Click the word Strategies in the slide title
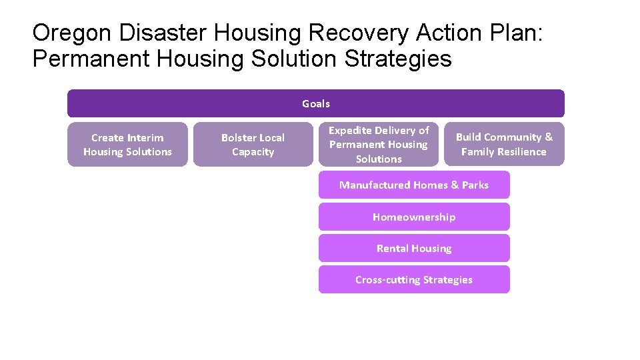tap(398, 59)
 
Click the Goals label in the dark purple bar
tap(315, 103)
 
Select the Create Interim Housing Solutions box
tap(127, 145)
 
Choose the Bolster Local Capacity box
tap(253, 145)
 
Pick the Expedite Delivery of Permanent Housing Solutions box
tap(379, 144)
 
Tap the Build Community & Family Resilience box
tap(504, 144)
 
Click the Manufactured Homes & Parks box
tap(414, 185)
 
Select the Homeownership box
tap(414, 217)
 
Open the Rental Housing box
tap(414, 248)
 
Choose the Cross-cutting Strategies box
tap(414, 280)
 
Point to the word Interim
tap(145, 137)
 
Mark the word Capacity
tap(253, 152)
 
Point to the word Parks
tap(475, 185)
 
